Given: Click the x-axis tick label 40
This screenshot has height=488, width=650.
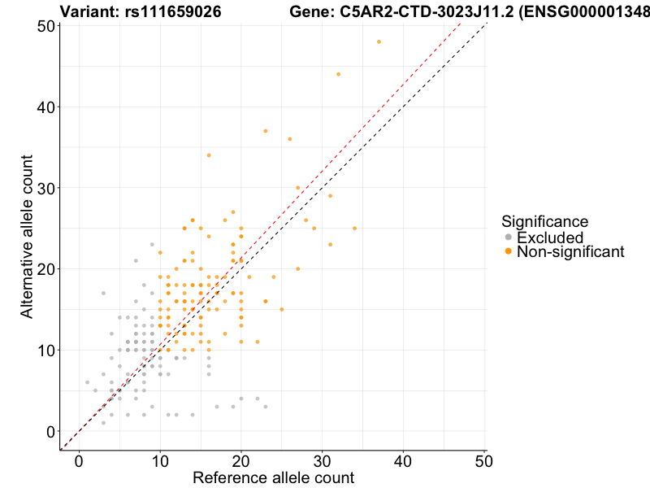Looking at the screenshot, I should (404, 460).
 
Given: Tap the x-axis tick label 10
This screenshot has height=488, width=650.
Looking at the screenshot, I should (160, 460).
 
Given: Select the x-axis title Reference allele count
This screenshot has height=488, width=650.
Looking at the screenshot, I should (273, 477).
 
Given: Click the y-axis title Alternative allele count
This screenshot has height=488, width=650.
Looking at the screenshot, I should (27, 229).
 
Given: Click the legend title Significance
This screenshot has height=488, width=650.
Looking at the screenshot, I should (544, 220).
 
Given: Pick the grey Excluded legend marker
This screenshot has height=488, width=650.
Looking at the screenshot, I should (509, 237).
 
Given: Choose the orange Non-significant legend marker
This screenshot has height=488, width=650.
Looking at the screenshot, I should (509, 251).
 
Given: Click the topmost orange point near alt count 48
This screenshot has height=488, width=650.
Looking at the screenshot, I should (379, 41).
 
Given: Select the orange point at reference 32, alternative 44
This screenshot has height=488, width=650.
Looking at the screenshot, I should (338, 74).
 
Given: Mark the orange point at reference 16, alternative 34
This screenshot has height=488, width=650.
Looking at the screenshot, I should (209, 155).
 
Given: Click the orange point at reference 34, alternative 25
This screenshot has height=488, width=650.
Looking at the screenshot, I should (354, 229).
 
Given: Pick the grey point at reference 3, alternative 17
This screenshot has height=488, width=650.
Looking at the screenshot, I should (103, 293).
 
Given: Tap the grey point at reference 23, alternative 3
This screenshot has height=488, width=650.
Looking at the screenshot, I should (265, 407).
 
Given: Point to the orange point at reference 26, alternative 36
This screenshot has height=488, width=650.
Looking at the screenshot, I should (289, 139).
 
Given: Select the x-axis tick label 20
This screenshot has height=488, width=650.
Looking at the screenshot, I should (241, 460).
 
